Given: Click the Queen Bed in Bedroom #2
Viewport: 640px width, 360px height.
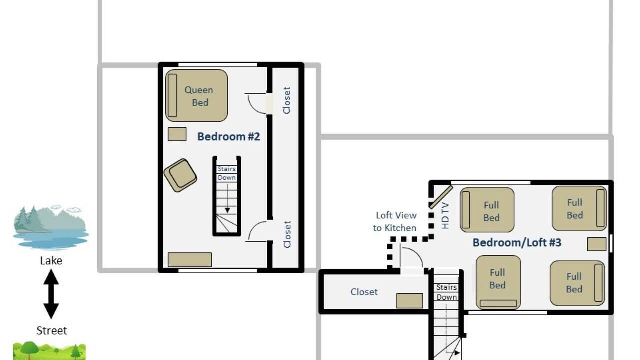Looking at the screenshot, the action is click(196, 95).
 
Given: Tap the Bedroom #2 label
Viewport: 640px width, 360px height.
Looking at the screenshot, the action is click(229, 137).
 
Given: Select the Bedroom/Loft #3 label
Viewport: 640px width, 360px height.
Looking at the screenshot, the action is click(517, 243).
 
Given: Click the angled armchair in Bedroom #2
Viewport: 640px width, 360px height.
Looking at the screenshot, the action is click(180, 175).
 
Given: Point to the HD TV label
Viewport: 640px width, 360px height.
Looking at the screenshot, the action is click(445, 215).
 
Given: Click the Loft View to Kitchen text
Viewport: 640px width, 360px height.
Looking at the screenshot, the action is click(395, 221).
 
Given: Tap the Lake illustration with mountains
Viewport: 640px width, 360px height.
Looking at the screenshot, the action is click(51, 227).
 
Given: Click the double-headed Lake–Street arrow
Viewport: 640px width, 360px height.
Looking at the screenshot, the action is click(51, 294).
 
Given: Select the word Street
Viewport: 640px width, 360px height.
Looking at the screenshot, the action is click(51, 331).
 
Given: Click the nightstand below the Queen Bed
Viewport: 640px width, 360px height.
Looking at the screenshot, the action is click(177, 134).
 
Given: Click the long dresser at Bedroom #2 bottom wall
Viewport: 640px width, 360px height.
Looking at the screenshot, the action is click(190, 260).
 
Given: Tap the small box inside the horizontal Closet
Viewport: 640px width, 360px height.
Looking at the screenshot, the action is click(409, 301).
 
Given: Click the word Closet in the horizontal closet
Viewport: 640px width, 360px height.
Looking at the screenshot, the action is click(364, 292).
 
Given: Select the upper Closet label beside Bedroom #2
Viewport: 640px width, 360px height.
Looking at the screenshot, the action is click(287, 100).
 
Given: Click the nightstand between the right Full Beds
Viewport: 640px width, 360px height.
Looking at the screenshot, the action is click(597, 244).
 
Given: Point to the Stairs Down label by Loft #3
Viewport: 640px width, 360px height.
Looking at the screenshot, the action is click(446, 292).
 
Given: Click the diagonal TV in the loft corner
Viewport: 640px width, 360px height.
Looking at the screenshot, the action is click(441, 197).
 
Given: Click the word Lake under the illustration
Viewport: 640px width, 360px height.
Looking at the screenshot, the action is click(51, 261).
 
